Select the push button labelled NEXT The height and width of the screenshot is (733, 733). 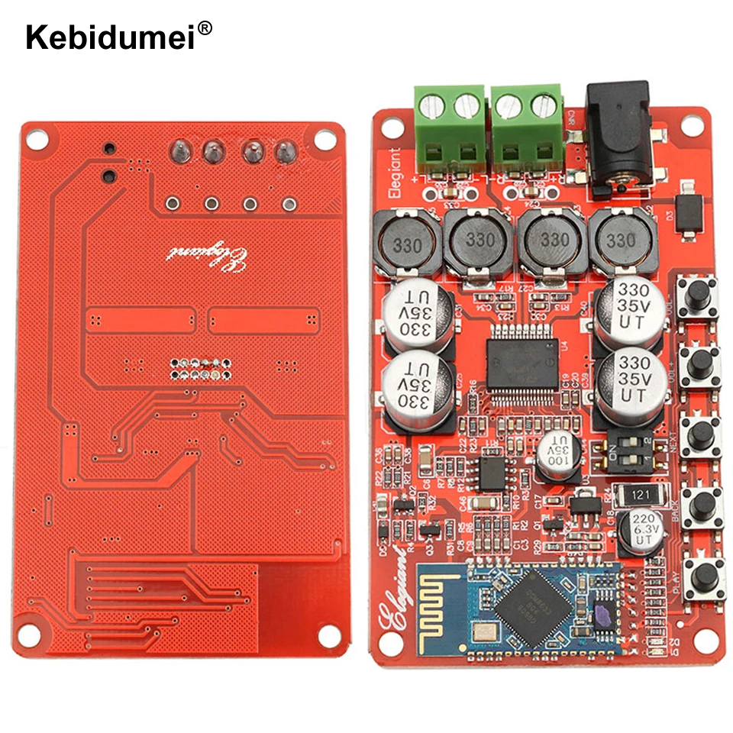[700, 434]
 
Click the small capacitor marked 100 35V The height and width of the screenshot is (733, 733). [559, 457]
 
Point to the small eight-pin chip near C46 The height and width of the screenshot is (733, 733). [492, 473]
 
